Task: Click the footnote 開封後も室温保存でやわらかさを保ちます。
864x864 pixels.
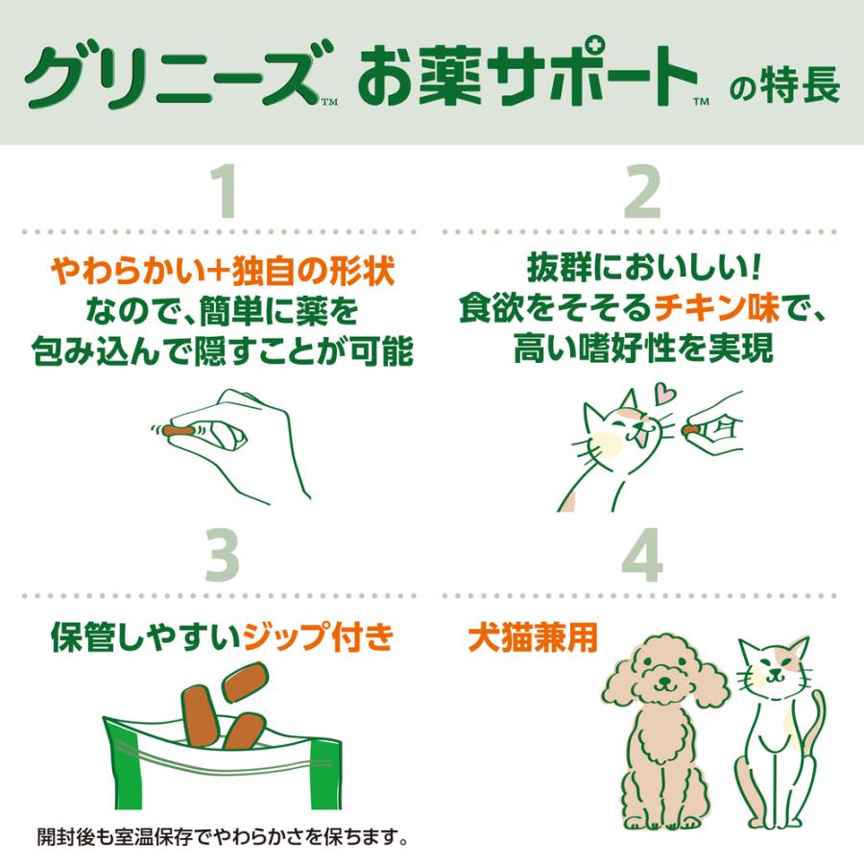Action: coord(222,835)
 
